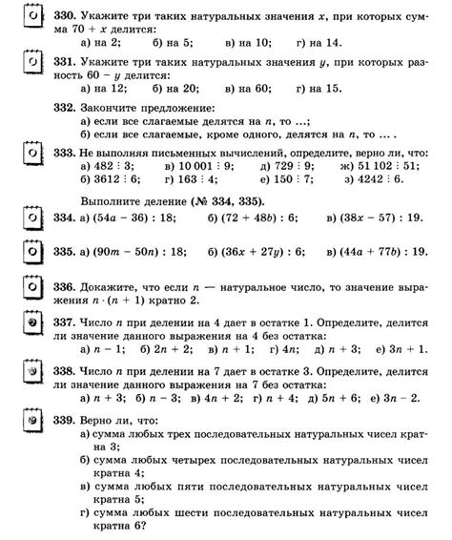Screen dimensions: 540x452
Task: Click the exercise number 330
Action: pyautogui.click(x=66, y=16)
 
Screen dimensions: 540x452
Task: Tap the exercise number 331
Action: pyautogui.click(x=66, y=60)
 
